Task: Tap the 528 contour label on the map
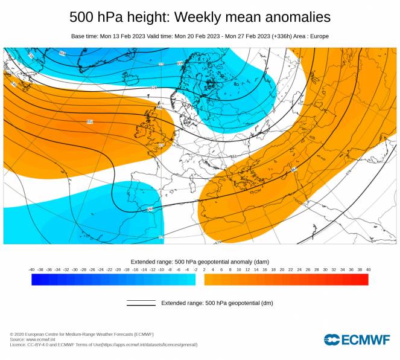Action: (x=154, y=88)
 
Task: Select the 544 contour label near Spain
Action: (x=150, y=209)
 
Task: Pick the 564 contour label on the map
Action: (x=294, y=170)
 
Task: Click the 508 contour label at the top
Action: (x=62, y=53)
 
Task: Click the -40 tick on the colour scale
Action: (x=31, y=269)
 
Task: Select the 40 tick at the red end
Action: (x=368, y=269)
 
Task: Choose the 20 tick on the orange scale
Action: (x=282, y=269)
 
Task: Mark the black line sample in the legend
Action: (x=141, y=302)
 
